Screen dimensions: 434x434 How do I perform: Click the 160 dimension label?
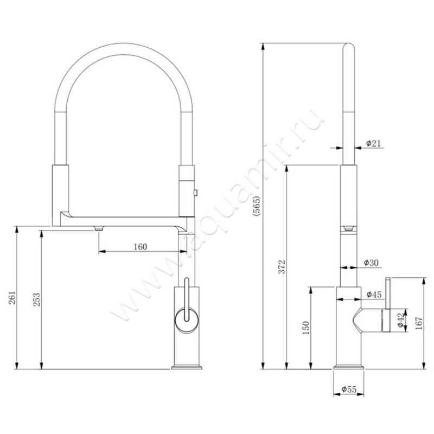point(141,247)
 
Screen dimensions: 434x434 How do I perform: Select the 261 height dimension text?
point(12,298)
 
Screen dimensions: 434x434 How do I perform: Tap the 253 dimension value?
point(36,299)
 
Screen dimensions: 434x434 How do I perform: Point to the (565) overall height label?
point(256,206)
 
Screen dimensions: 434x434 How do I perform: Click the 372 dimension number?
point(282,266)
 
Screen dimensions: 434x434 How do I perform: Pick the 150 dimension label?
point(306,328)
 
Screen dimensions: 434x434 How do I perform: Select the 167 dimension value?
point(419,323)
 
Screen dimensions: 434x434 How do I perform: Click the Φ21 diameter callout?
point(373,143)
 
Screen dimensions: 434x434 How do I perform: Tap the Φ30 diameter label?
point(371,263)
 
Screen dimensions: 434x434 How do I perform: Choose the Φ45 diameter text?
point(374,295)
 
